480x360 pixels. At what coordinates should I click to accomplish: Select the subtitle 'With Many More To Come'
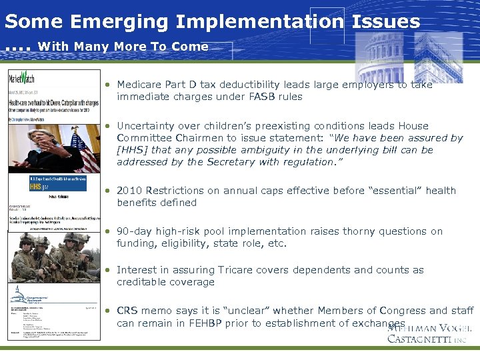point(123,47)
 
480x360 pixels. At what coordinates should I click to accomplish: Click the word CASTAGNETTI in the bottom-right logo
point(417,338)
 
